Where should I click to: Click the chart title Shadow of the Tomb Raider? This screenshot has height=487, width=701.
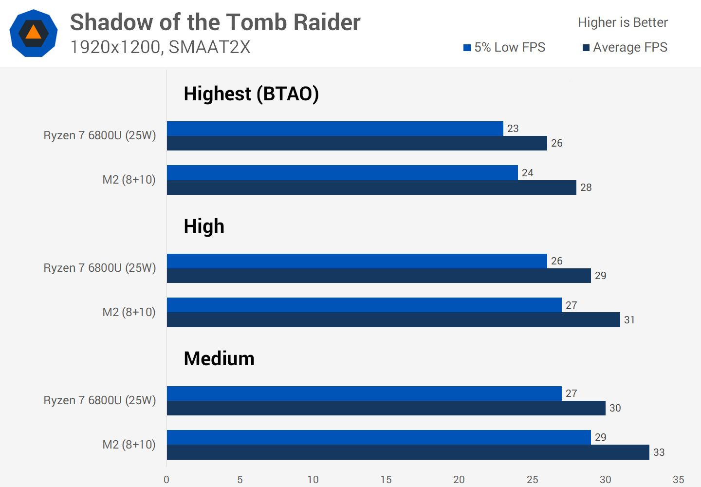point(215,22)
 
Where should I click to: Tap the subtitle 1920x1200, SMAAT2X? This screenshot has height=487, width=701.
point(160,47)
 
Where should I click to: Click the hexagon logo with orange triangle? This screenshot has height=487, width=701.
point(34,33)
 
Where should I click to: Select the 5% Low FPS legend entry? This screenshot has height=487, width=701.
point(504,47)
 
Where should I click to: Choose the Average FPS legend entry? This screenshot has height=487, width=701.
point(625,47)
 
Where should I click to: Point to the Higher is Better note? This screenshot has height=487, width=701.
point(623,22)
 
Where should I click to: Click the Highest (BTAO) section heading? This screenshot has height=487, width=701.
point(251,94)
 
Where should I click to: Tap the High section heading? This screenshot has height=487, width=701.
point(204,226)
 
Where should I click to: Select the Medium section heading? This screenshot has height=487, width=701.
point(219,358)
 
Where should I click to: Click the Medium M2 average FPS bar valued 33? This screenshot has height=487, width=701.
point(408,452)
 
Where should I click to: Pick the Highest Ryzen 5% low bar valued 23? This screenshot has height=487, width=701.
point(335,129)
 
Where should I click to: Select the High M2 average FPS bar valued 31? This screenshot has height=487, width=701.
point(393,320)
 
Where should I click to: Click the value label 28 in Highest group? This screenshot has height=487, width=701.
point(586,187)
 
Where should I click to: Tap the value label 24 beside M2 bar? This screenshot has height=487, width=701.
point(527,173)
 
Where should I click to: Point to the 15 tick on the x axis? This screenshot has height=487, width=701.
point(386,480)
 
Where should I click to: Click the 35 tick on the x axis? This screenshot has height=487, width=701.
point(678,480)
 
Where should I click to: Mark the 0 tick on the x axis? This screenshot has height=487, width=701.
point(166,480)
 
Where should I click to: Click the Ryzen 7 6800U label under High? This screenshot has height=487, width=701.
point(100,268)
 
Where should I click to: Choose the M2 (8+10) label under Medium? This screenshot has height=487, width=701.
point(129,445)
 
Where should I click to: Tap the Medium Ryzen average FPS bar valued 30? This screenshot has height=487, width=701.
point(386,408)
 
